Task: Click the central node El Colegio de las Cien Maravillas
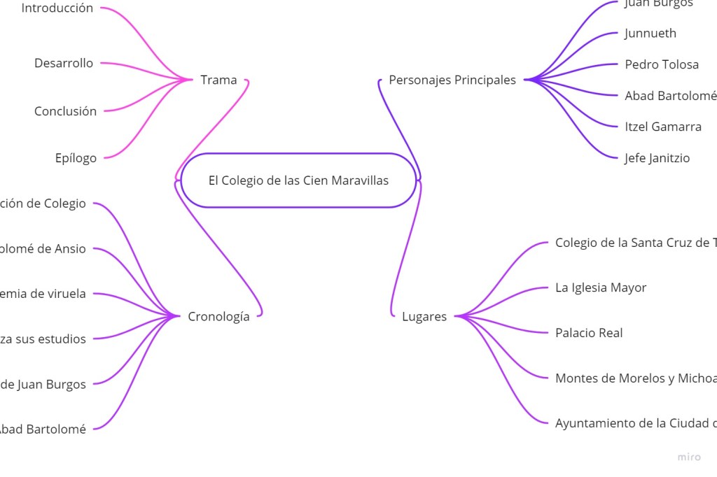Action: (x=298, y=180)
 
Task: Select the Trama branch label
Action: (x=218, y=80)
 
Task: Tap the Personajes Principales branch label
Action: (x=452, y=80)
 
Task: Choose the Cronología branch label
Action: (x=218, y=316)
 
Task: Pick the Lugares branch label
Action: (x=424, y=316)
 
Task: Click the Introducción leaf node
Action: (x=57, y=8)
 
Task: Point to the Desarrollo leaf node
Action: (x=64, y=63)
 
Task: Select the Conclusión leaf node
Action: (x=65, y=111)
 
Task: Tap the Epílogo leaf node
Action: (x=76, y=158)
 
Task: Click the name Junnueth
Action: (x=650, y=33)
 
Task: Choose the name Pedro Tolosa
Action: (x=662, y=64)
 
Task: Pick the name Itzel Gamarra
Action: (x=663, y=127)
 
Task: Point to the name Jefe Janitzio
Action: (x=657, y=158)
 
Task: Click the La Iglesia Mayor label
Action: (x=601, y=287)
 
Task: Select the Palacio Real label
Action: (x=589, y=333)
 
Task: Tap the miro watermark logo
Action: (x=688, y=457)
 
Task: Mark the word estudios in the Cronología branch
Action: (x=62, y=339)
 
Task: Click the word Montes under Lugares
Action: (x=574, y=378)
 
